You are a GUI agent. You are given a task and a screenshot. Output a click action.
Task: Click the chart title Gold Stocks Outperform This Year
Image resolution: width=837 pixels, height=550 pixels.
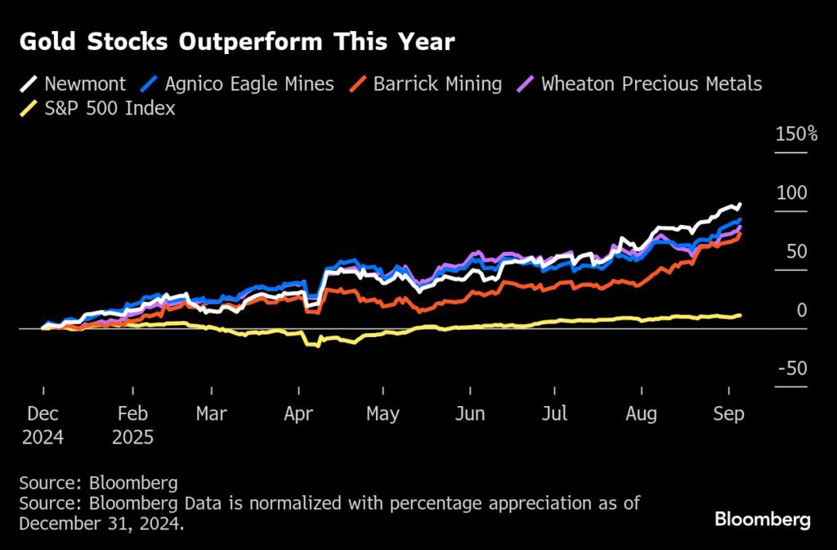237,43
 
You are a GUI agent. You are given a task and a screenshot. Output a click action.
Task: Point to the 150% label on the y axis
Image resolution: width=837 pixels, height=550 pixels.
795,134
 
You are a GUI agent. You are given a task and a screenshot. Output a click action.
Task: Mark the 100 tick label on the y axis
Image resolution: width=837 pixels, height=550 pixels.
792,192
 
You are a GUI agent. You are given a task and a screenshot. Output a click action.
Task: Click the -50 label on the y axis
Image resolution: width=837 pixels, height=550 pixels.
791,368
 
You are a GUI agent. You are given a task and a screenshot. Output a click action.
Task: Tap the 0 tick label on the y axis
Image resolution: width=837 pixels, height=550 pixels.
802,310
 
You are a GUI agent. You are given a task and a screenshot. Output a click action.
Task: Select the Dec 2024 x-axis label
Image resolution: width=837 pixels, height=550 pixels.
43,425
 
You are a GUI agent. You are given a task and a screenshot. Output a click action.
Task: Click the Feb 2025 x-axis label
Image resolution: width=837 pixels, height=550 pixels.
132,425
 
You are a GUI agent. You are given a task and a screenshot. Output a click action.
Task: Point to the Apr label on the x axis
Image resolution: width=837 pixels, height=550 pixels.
299,414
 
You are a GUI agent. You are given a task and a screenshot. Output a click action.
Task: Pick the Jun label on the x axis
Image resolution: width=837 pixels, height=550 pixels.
470,414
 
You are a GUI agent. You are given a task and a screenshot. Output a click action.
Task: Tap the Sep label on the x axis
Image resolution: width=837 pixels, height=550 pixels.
728,414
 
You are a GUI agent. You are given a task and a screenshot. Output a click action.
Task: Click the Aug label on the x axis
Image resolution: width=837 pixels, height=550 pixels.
641,414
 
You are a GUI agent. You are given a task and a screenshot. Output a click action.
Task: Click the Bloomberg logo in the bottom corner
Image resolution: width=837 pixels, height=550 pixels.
762,520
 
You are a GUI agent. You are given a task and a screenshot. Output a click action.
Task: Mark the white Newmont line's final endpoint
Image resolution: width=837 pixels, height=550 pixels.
740,205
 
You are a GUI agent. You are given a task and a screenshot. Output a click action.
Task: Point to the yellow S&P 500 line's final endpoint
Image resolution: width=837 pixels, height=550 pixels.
741,315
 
